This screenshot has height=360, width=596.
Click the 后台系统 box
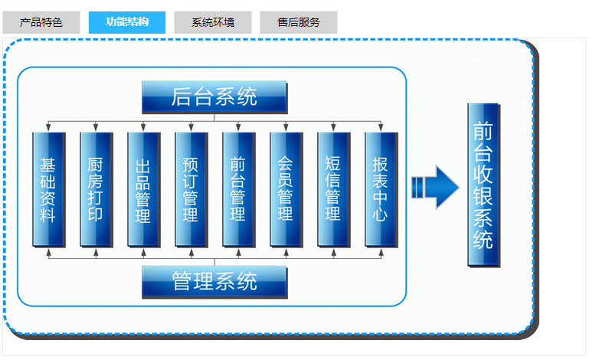tap(214, 97)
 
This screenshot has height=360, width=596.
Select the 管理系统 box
tap(214, 281)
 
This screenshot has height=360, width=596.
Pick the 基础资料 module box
tap(48, 189)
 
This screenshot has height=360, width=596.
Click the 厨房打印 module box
tap(96, 189)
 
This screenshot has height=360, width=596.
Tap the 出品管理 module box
tap(143, 189)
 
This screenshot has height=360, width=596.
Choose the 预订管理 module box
tap(191, 189)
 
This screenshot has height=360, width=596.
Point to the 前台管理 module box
tap(238, 189)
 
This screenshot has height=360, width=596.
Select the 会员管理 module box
tap(286, 189)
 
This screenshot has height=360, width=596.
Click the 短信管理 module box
tap(333, 189)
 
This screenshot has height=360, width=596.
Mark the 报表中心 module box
tap(381, 189)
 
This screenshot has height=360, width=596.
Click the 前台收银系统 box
tap(483, 185)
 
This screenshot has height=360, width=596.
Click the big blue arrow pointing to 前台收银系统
tap(434, 187)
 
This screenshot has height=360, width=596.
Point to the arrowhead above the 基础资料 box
tap(48, 128)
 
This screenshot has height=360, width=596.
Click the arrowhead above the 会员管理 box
tap(286, 128)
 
